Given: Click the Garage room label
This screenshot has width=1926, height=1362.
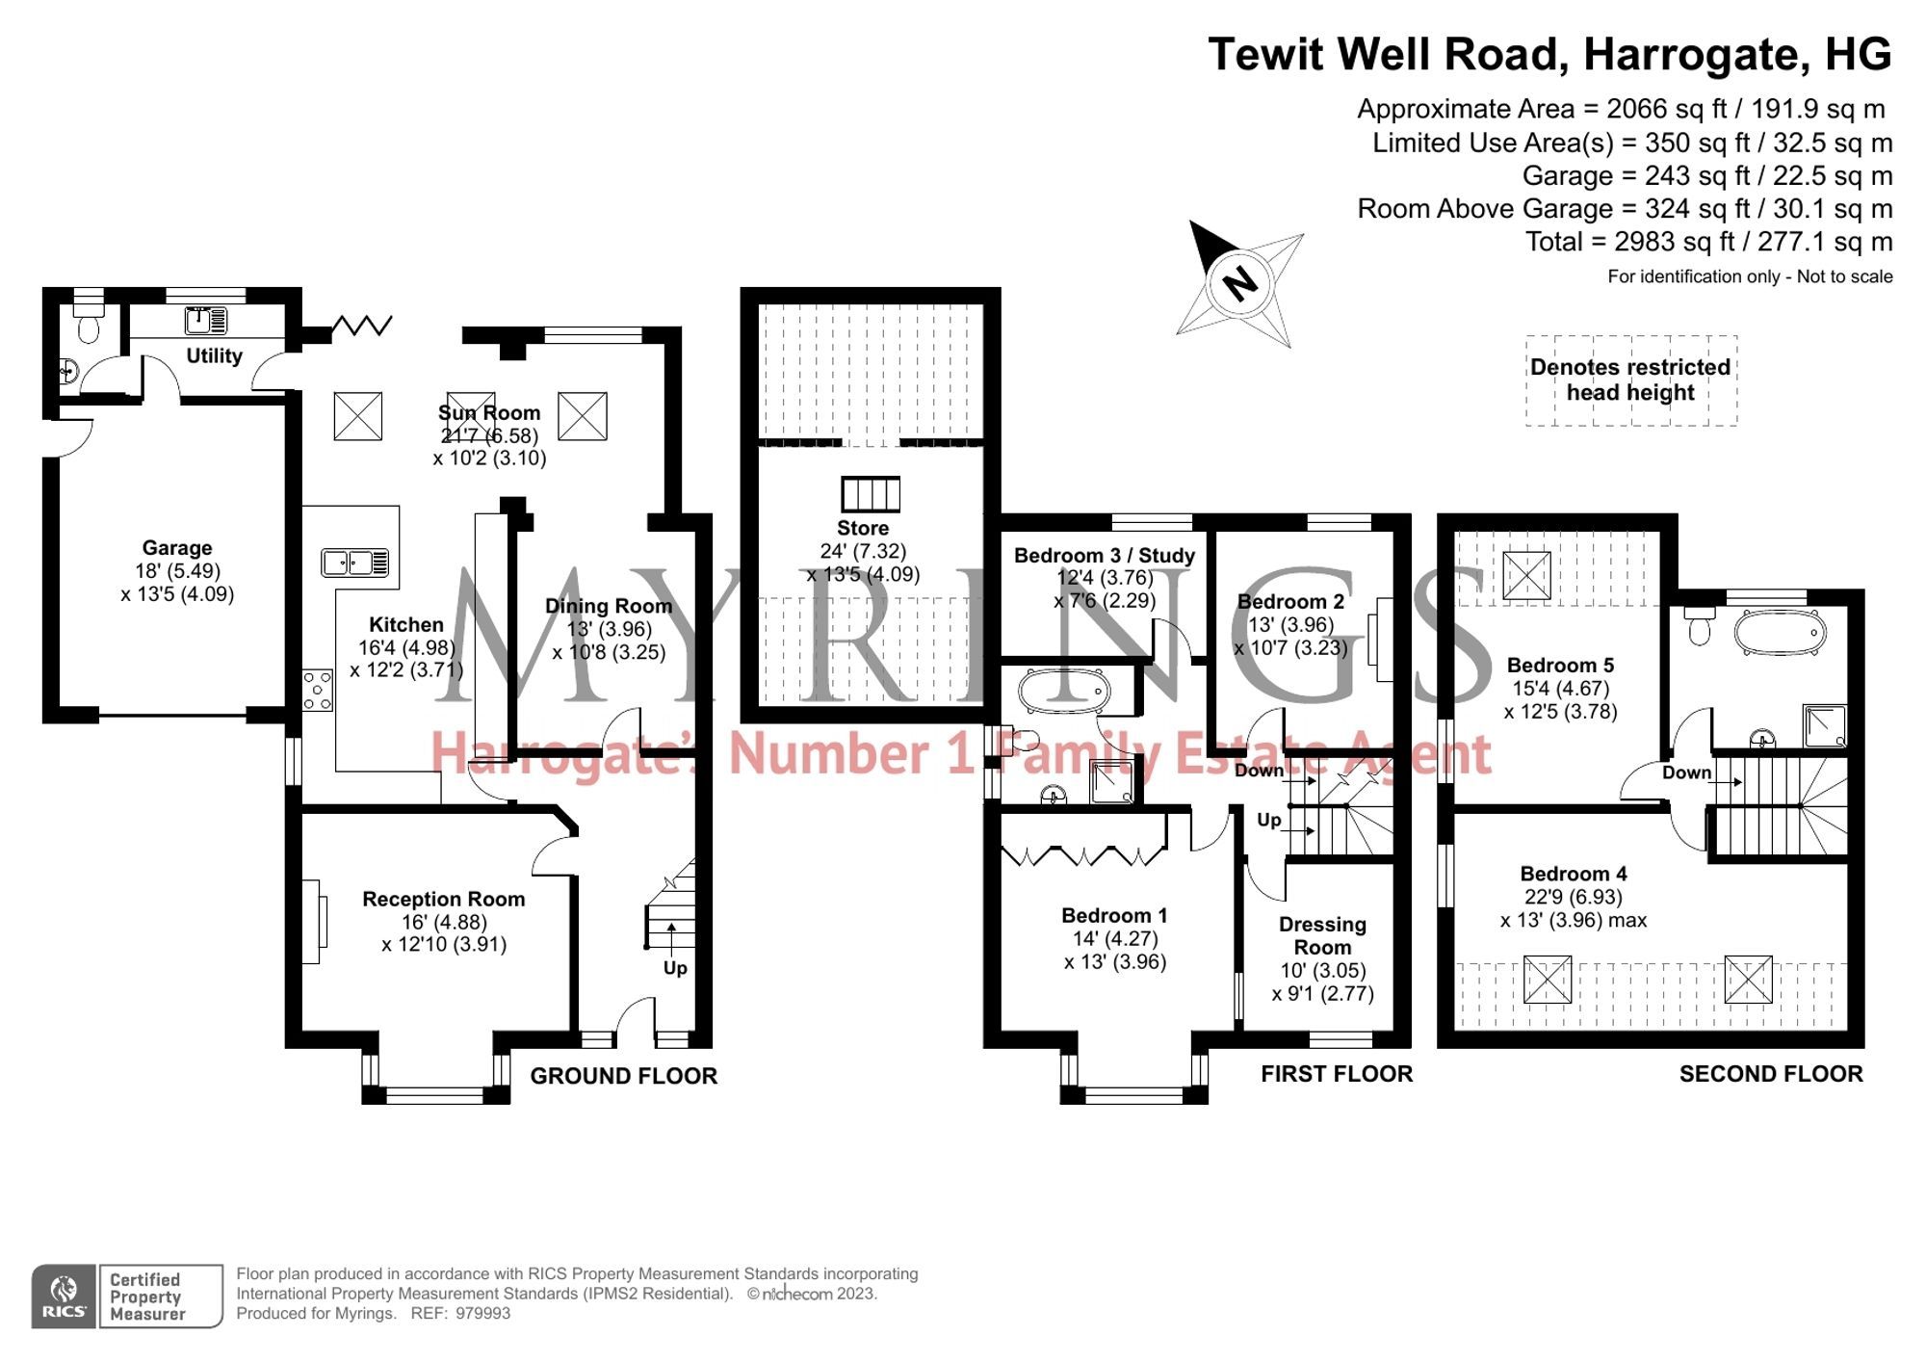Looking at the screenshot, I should (x=177, y=548).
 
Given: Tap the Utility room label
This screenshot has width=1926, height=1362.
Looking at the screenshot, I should (x=214, y=355).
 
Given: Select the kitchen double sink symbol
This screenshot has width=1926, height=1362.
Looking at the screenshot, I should (x=355, y=562).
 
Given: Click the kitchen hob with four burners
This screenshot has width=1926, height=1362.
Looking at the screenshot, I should (x=318, y=691).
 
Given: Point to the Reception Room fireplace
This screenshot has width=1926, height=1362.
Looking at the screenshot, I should (x=315, y=922).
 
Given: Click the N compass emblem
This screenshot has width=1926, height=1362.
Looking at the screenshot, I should (x=1239, y=283).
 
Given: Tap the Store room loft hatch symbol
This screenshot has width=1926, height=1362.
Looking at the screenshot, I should (x=870, y=494).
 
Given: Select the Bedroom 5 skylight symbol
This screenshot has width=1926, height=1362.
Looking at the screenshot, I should (x=1526, y=575).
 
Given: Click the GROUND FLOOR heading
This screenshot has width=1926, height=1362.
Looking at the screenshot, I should (x=623, y=1076).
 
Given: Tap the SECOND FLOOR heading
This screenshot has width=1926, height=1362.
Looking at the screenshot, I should (x=1770, y=1074).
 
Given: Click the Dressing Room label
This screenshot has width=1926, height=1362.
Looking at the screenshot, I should (x=1322, y=935).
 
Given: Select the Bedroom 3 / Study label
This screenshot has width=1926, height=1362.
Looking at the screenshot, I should (x=1104, y=556).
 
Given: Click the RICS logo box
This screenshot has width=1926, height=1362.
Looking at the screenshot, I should (x=64, y=1297).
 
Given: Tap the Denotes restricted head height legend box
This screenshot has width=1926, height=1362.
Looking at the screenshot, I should (x=1630, y=380).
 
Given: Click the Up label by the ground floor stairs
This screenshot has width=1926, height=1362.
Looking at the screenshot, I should (x=675, y=967).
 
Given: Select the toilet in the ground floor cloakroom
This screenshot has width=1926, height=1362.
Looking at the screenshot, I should (x=89, y=327).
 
